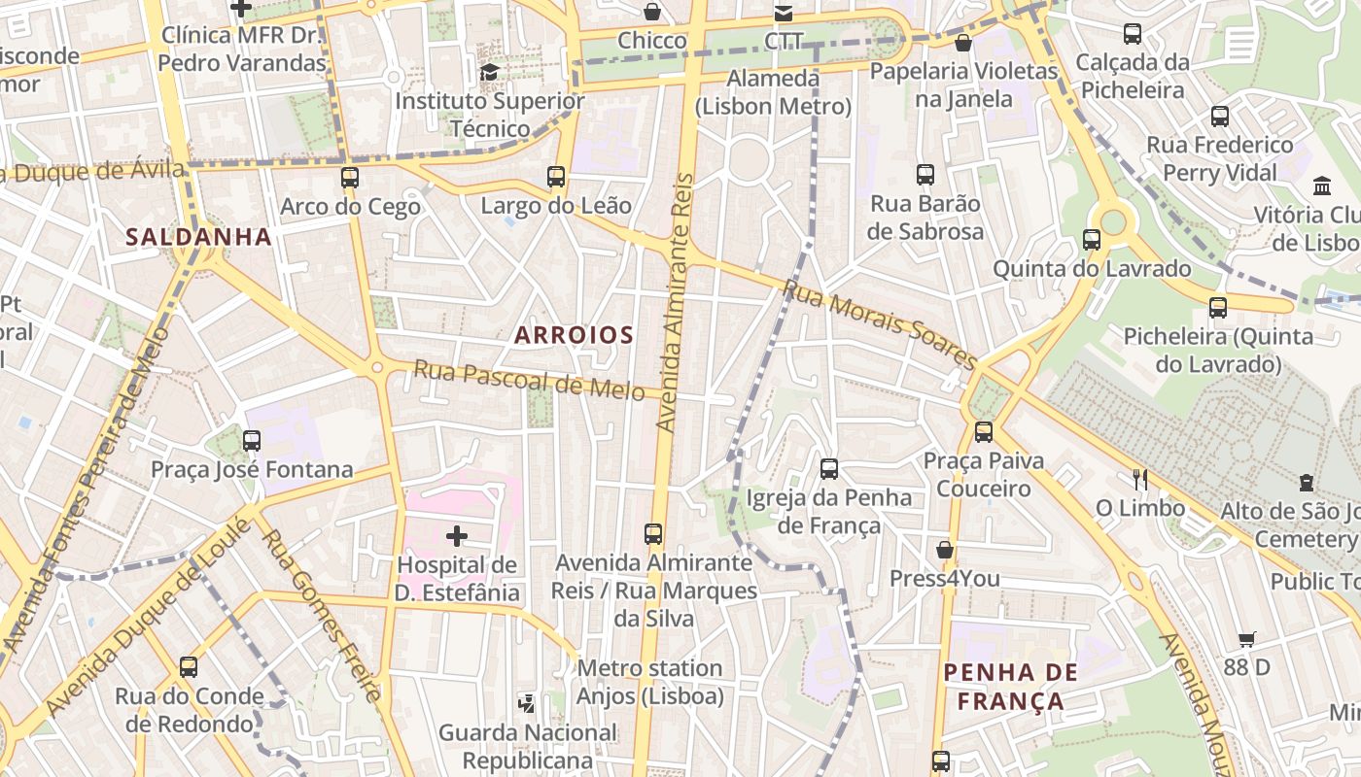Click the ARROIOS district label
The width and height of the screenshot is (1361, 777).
(x=574, y=335)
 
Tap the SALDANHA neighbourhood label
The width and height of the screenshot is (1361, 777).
(x=198, y=236)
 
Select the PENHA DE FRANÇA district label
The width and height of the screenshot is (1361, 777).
(x=1011, y=687)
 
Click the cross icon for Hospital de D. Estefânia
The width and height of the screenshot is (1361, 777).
(x=457, y=535)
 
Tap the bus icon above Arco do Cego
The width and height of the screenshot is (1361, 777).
(x=350, y=178)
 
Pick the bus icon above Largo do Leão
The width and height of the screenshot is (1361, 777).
(x=556, y=177)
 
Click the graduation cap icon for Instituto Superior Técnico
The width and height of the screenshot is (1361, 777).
(x=489, y=72)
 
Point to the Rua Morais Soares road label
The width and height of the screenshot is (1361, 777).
(x=879, y=325)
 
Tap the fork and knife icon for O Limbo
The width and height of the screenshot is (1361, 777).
(x=1140, y=479)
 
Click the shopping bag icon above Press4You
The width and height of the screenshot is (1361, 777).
(x=944, y=550)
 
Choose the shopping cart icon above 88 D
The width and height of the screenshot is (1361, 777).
(x=1247, y=638)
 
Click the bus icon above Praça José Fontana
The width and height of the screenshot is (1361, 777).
(x=252, y=440)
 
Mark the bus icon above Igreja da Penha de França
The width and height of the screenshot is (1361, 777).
(x=829, y=469)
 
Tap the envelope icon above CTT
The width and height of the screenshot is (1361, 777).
(x=783, y=13)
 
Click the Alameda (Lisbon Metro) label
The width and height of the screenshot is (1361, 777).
(x=773, y=92)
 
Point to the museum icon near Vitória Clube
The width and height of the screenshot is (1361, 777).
(x=1322, y=186)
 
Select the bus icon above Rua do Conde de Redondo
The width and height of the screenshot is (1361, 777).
(x=189, y=667)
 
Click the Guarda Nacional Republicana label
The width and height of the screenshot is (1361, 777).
(x=528, y=746)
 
